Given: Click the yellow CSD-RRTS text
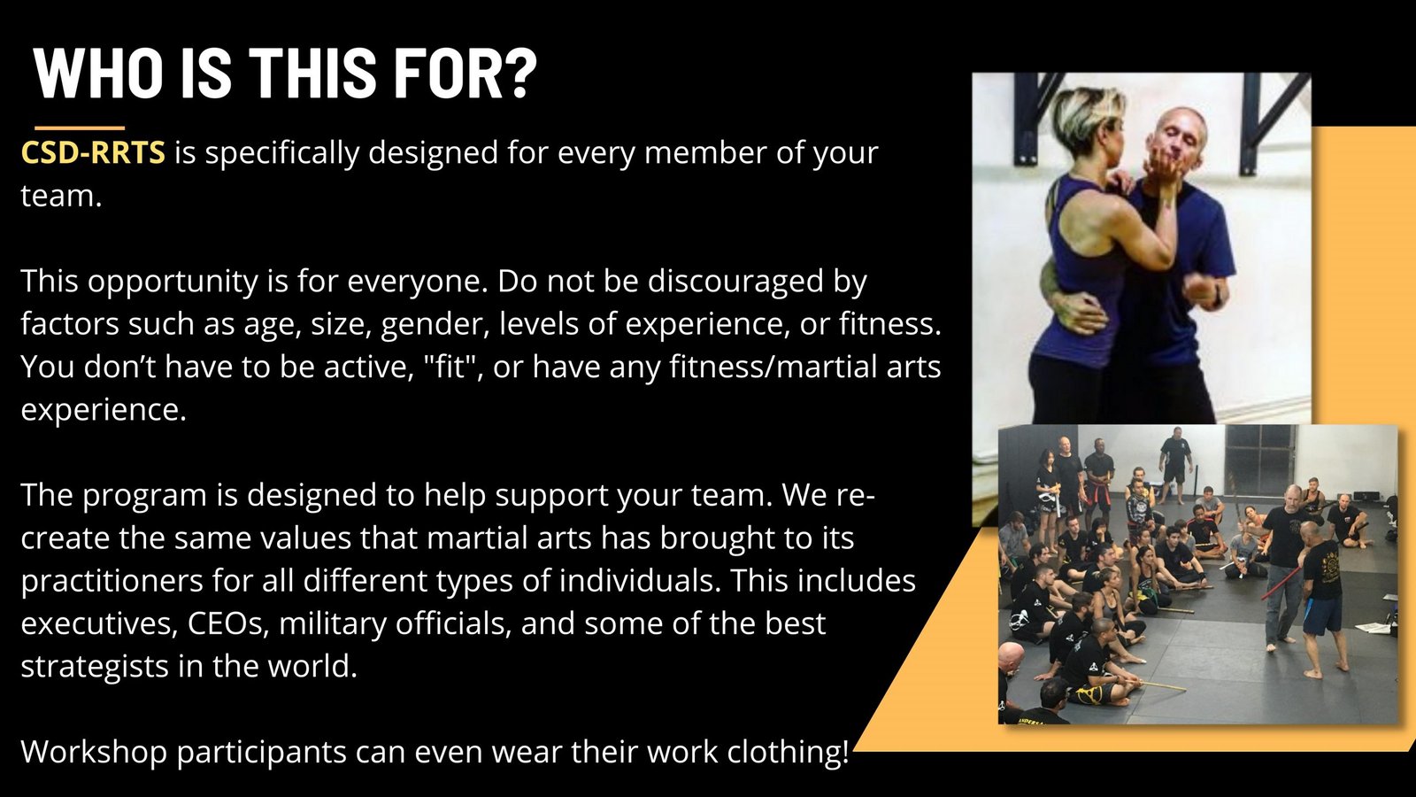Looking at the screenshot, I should (93, 152).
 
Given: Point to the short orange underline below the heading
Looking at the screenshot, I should (80, 128).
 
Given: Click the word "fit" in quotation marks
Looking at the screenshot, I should (450, 367).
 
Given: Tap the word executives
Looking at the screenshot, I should (98, 623).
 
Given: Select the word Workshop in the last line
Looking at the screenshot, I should (94, 752).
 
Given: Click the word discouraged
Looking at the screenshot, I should (736, 282).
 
